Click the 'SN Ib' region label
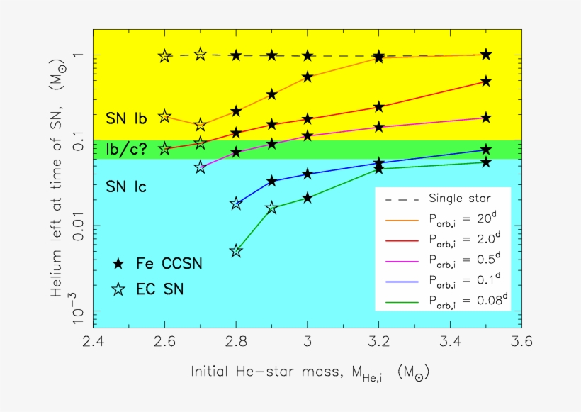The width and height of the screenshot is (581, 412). click(x=126, y=118)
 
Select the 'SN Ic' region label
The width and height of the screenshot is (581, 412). click(x=126, y=187)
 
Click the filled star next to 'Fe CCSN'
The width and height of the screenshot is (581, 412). click(x=119, y=263)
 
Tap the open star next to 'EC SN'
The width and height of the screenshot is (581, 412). click(x=119, y=288)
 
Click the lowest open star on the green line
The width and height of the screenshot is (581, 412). click(x=236, y=251)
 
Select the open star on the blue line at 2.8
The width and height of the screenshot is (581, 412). click(x=236, y=204)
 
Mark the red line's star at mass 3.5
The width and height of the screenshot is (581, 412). click(x=485, y=82)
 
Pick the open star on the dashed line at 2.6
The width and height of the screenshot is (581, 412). click(x=164, y=56)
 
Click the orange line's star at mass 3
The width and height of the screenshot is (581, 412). click(x=308, y=77)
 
